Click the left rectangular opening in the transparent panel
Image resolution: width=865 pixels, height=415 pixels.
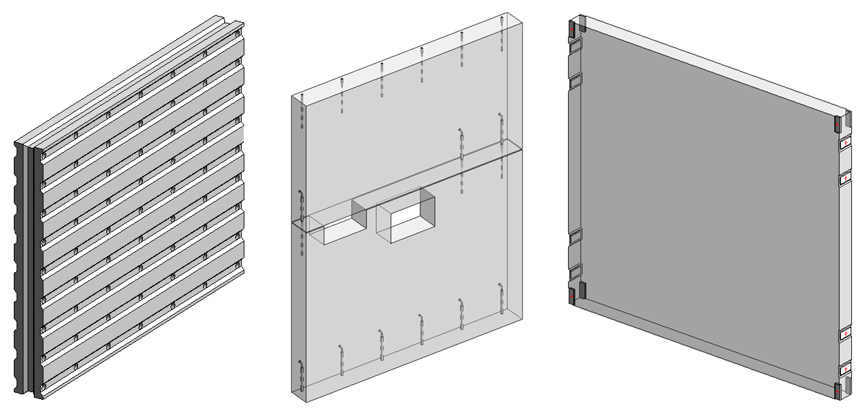click(x=336, y=222)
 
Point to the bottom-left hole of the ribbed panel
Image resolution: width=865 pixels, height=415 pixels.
click(x=44, y=387)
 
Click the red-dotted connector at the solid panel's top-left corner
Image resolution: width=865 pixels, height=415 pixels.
click(x=572, y=30)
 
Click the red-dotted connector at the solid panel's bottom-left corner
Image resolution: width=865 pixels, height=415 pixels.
click(x=572, y=296)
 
